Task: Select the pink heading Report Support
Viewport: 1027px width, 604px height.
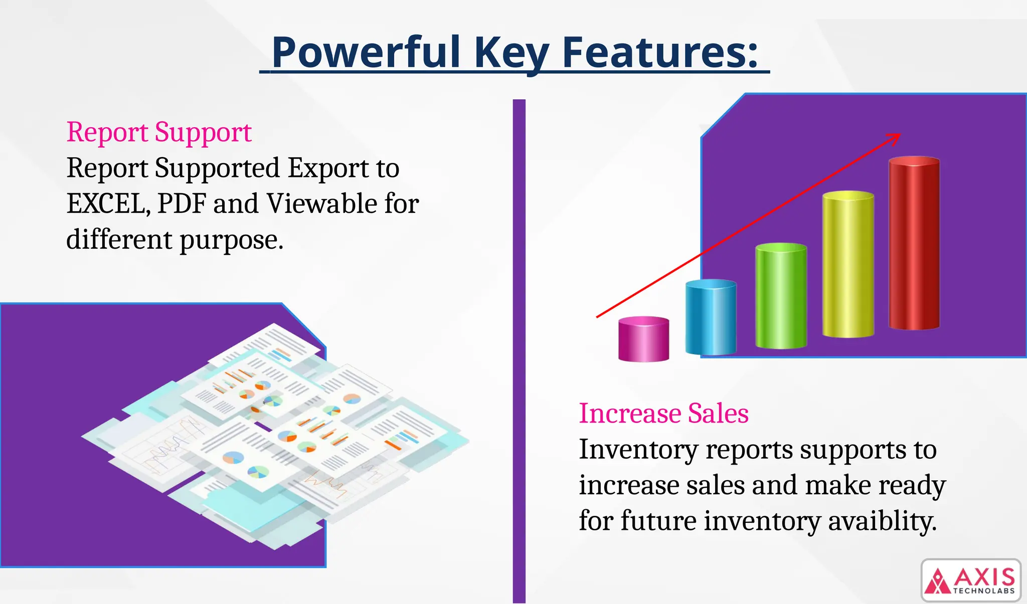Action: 158,132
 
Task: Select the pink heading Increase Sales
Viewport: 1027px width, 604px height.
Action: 663,414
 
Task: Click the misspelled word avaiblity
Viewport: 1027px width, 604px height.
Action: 882,521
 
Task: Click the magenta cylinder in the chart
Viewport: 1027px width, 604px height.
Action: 643,339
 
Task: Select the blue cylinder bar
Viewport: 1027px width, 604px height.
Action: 711,318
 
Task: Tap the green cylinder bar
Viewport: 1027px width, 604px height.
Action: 781,297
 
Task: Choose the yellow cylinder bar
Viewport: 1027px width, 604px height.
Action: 848,265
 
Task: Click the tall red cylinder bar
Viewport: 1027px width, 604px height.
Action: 914,244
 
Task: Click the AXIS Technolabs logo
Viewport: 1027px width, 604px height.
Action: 971,580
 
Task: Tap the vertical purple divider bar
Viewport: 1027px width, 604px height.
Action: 519,351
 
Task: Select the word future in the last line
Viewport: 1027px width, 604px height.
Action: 659,521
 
